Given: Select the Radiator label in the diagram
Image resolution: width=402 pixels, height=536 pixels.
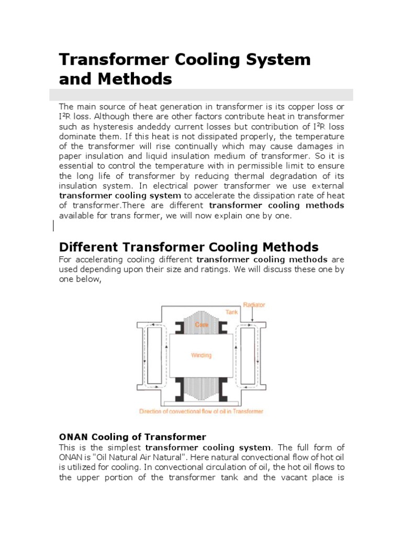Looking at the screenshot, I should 254,305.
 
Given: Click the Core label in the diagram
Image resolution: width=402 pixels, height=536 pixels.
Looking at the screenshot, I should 202,325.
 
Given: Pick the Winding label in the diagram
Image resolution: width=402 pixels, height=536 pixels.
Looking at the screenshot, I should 202,355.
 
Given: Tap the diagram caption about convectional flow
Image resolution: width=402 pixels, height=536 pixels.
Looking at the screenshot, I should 201,411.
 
